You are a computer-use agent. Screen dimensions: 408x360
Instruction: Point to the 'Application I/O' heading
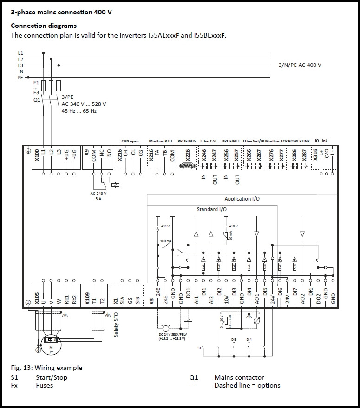[x=242, y=199]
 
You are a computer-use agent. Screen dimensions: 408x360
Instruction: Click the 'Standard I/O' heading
[x=212, y=210]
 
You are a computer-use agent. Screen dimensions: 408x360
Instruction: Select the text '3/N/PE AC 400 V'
[x=300, y=65]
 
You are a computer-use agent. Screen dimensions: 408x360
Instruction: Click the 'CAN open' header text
[x=130, y=141]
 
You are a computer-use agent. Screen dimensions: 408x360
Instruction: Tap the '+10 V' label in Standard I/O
[x=233, y=226]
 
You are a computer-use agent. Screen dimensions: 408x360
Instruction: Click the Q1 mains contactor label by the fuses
[x=37, y=100]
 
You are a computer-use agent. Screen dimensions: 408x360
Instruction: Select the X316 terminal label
[x=315, y=154]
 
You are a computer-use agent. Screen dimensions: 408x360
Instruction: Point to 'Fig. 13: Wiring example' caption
[x=46, y=368]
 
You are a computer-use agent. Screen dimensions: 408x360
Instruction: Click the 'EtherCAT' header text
[x=208, y=141]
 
